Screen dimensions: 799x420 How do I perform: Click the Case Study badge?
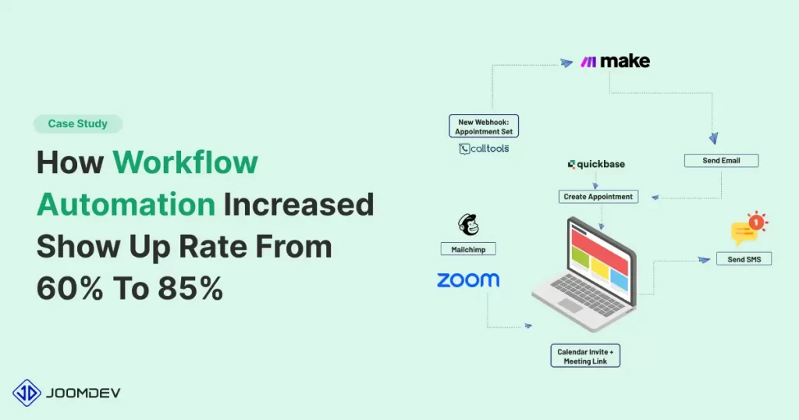pyautogui.click(x=78, y=124)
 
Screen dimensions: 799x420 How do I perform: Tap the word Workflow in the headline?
pyautogui.click(x=186, y=162)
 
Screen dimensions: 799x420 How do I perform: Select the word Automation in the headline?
pyautogui.click(x=126, y=205)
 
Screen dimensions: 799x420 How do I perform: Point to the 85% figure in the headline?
pyautogui.click(x=190, y=288)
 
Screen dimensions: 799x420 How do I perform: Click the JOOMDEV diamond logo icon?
pyautogui.click(x=27, y=393)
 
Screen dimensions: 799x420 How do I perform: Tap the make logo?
pyautogui.click(x=615, y=61)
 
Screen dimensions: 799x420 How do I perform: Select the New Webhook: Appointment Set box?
pyautogui.click(x=484, y=126)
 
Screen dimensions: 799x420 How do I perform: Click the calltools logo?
pyautogui.click(x=484, y=149)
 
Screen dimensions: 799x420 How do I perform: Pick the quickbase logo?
pyautogui.click(x=596, y=164)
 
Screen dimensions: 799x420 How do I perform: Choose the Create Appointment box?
pyautogui.click(x=598, y=197)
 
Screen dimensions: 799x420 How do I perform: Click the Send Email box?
pyautogui.click(x=721, y=161)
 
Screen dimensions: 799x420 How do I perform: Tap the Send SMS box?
pyautogui.click(x=744, y=259)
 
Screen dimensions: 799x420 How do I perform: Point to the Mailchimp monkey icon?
pyautogui.click(x=468, y=225)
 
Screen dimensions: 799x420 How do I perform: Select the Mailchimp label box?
pyautogui.click(x=468, y=249)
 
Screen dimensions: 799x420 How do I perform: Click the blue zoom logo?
pyautogui.click(x=468, y=279)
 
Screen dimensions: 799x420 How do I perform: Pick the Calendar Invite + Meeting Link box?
pyautogui.click(x=585, y=356)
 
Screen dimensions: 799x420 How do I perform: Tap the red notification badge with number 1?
pyautogui.click(x=756, y=222)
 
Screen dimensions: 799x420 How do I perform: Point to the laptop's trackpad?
pyautogui.click(x=570, y=305)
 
